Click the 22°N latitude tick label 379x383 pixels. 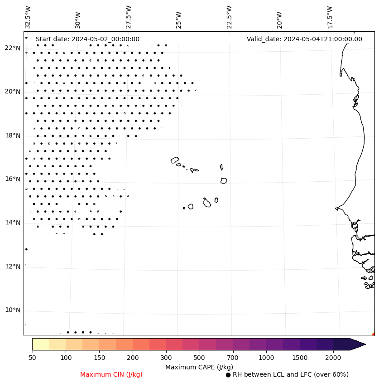[x=12, y=48]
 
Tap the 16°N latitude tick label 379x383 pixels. [x=12, y=179]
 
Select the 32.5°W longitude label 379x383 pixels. [x=28, y=17]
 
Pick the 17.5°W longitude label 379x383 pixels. [x=330, y=17]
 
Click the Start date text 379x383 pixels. [x=87, y=39]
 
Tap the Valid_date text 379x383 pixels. [x=304, y=39]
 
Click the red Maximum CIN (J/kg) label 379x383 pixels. [x=111, y=374]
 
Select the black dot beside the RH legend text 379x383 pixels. [x=228, y=375]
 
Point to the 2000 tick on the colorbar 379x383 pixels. [x=333, y=358]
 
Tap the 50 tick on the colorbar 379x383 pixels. [x=32, y=358]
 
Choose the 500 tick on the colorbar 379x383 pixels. [x=199, y=358]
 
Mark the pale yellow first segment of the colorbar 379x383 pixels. [x=41, y=344]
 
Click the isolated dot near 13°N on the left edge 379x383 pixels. [x=26, y=249]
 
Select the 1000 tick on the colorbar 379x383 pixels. [x=266, y=358]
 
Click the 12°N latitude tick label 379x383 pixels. [x=12, y=267]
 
